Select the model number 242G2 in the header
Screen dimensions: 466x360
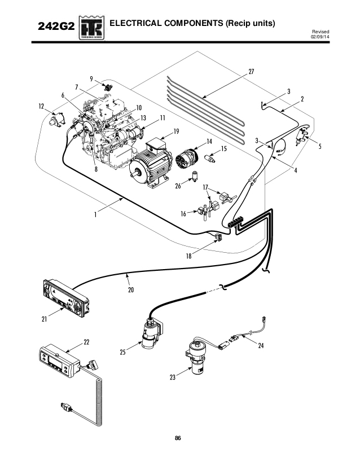54,27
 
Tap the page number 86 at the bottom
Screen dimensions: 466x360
178,438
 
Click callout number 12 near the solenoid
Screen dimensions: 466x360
41,105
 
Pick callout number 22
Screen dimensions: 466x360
86,342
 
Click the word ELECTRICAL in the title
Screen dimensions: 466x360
140,24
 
